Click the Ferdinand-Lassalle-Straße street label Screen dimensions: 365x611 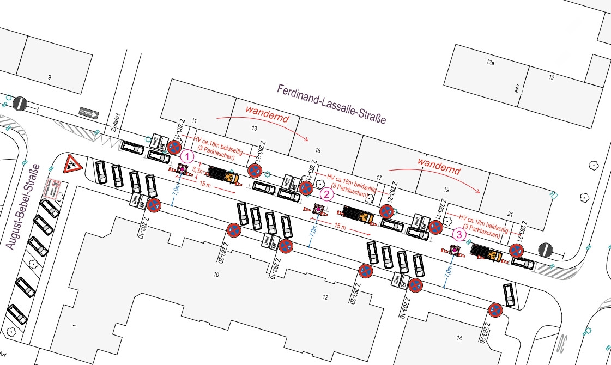pos(331,104)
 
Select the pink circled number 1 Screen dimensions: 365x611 pos(187,156)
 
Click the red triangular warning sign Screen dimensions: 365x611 pos(71,163)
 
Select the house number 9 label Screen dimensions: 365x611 pos(49,77)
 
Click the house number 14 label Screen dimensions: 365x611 pos(459,338)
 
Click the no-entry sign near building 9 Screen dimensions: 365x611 pos(20,102)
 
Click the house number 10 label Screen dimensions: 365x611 pos(216,276)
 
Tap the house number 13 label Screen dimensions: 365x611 pos(254,129)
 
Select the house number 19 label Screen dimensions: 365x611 pos(446,191)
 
